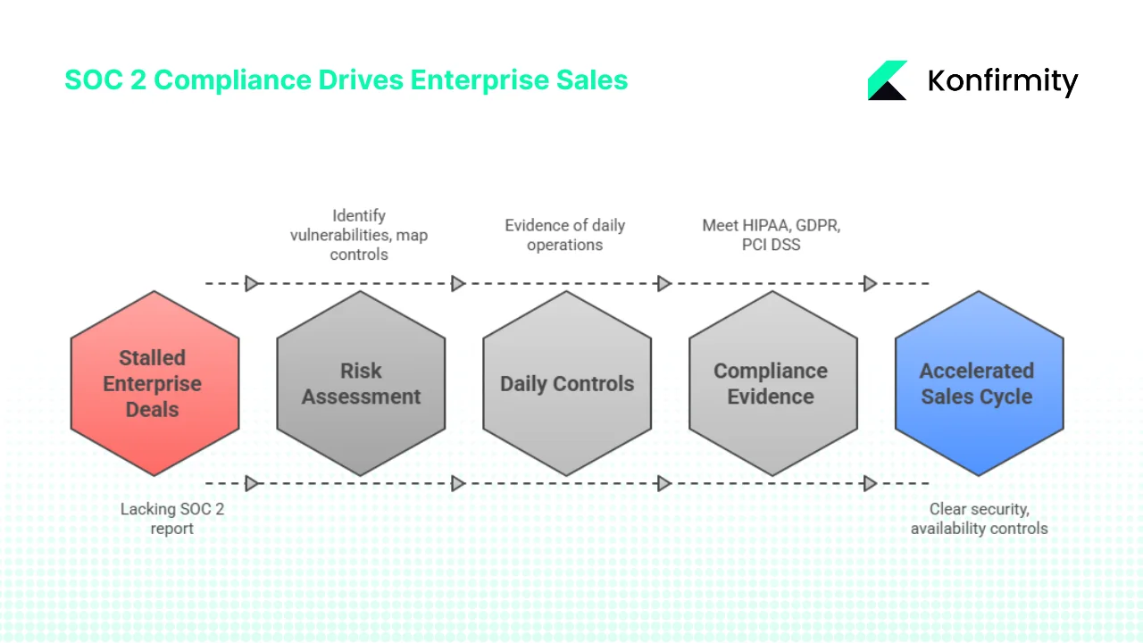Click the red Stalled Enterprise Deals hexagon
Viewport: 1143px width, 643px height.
pos(154,383)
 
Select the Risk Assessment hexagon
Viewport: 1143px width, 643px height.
pos(361,383)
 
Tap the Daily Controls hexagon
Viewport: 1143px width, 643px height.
pos(567,383)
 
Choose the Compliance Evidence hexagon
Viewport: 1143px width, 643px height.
pos(772,383)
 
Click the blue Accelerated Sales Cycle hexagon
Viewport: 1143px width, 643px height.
pos(979,383)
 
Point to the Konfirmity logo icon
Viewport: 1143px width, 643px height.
pos(888,80)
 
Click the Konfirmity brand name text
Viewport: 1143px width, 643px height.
pos(1003,81)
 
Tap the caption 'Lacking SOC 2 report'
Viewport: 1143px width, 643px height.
pos(172,518)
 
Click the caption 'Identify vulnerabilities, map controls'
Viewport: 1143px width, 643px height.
pos(359,235)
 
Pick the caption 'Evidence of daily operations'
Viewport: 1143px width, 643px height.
pos(564,235)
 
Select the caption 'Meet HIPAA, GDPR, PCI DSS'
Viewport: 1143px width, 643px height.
pos(771,235)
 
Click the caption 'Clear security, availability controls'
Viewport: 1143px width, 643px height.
pos(979,518)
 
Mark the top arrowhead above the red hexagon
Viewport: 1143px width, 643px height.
pos(252,283)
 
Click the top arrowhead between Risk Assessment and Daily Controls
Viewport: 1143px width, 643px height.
pos(458,283)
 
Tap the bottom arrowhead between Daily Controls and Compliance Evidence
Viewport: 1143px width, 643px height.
pos(663,483)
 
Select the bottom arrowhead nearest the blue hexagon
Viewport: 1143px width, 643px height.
pos(869,483)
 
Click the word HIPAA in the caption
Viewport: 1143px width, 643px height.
pos(762,225)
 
